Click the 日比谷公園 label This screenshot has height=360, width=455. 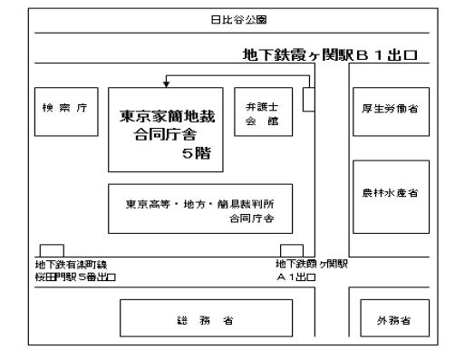227,17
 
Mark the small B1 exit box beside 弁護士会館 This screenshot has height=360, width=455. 308,99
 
